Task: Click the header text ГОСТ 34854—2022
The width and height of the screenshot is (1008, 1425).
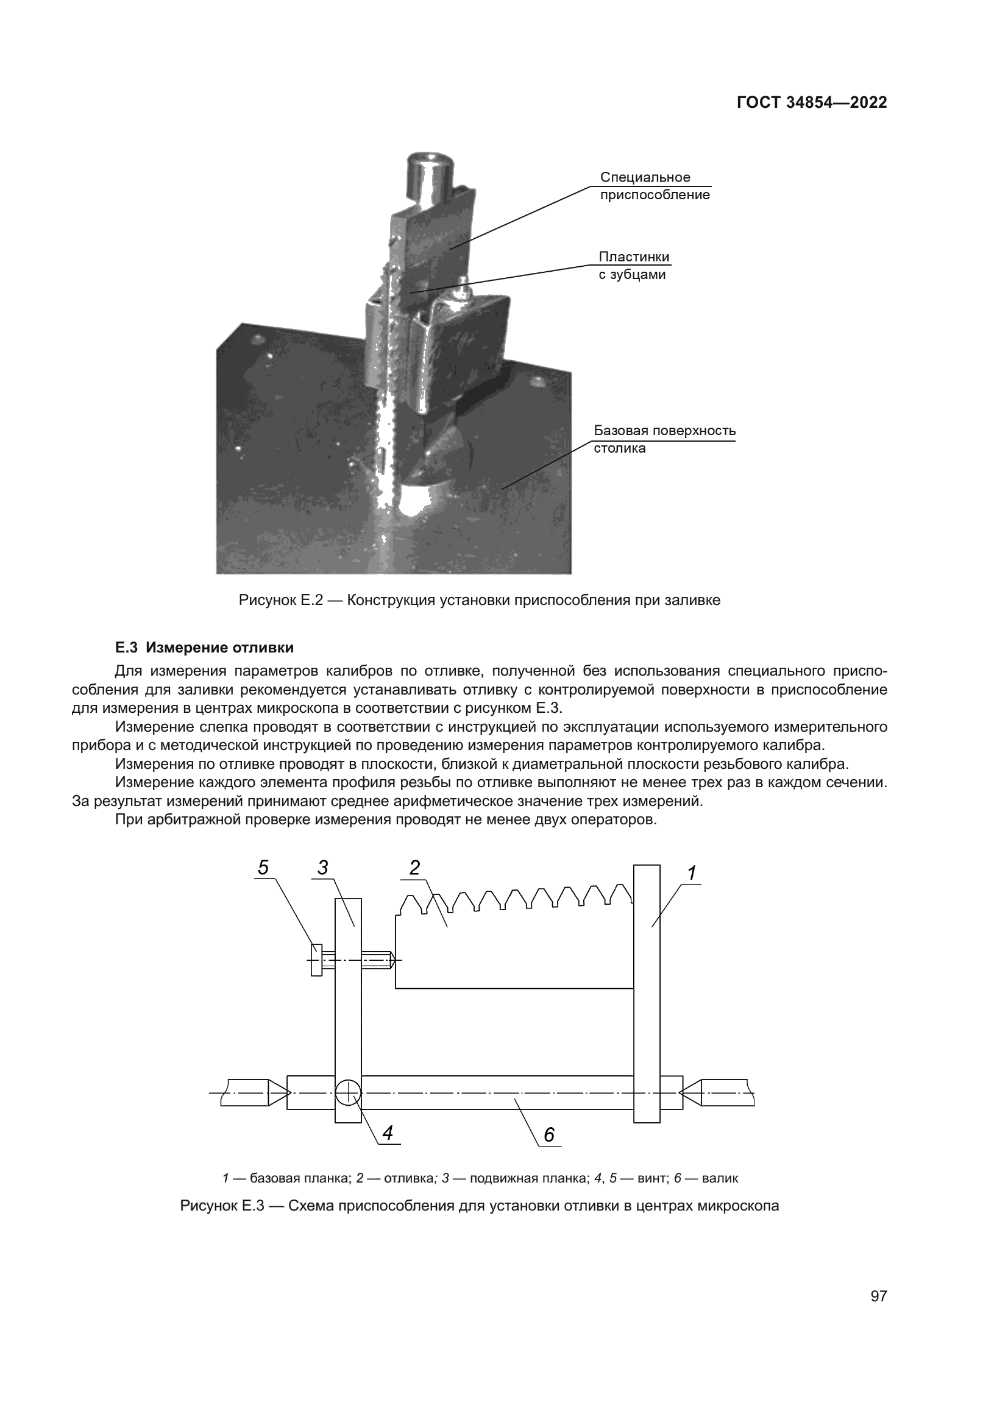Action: tap(811, 102)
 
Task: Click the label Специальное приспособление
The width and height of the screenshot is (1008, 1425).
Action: tap(654, 186)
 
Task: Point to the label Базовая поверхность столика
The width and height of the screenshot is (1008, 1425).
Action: tap(664, 439)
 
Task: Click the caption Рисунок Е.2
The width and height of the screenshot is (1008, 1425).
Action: tap(479, 600)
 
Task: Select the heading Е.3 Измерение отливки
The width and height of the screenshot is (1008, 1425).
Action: tap(204, 648)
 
